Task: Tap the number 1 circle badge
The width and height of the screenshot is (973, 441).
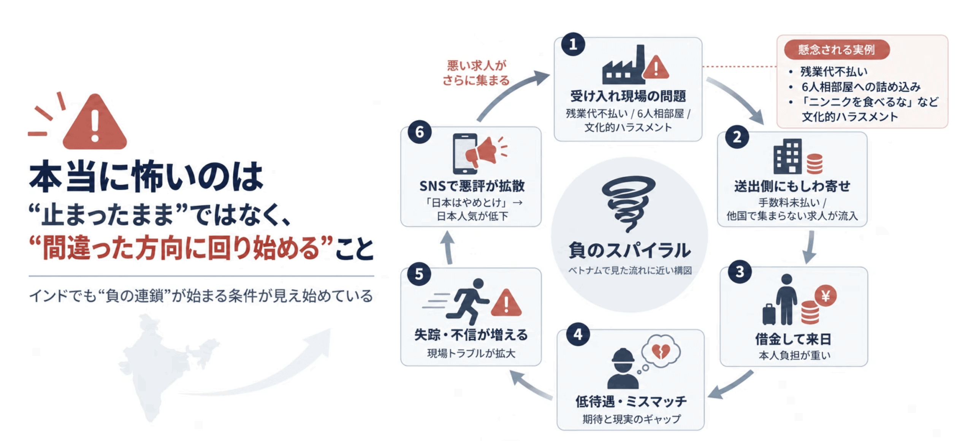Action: pos(573,44)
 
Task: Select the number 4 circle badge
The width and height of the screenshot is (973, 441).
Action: pos(578,334)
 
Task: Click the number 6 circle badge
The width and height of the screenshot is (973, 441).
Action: pos(419,132)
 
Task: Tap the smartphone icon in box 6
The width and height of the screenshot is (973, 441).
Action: pos(464,154)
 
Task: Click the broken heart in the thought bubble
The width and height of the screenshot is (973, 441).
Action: pos(661,351)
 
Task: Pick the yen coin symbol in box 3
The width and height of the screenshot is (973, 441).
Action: pos(826,296)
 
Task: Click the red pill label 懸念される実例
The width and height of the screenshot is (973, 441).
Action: pos(837,49)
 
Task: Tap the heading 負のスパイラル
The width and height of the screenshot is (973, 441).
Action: pos(629,250)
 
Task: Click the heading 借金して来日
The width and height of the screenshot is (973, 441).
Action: pos(793,339)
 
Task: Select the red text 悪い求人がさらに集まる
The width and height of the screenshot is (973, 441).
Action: pos(476,72)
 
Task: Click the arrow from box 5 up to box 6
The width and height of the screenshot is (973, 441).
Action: pos(448,247)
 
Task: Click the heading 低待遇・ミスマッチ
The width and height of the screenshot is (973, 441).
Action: pos(631,401)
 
